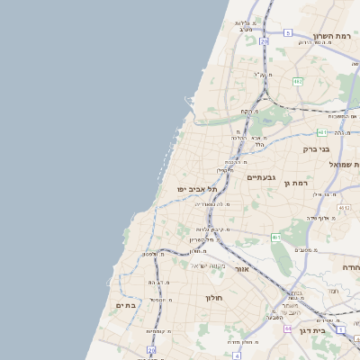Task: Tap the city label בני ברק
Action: (317, 148)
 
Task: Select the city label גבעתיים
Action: (261, 177)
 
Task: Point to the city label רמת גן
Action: (295, 184)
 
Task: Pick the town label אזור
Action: (241, 269)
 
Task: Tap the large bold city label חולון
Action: (213, 296)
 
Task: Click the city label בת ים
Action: (126, 306)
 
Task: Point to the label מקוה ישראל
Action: (206, 265)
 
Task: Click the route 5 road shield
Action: (288, 32)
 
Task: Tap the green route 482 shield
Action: (297, 81)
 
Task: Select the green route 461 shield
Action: (276, 238)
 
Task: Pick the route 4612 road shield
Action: (344, 208)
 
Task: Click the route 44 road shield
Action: (288, 329)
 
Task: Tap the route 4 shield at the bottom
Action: (236, 355)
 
